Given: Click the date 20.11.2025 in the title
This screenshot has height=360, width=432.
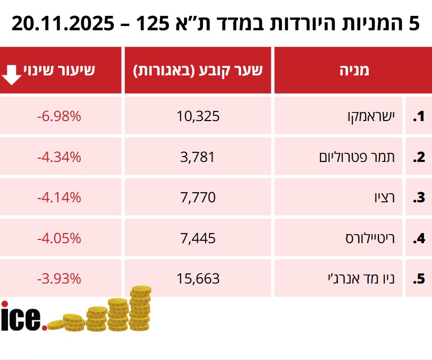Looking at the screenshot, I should coord(63,23).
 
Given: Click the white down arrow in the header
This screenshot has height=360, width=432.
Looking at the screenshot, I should coord(12,75).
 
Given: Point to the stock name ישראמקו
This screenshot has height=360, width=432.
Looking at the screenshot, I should coord(367,116).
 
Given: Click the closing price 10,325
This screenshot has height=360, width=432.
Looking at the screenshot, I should coord(198,116).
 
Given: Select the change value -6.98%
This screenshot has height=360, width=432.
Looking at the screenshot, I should coord(59,116).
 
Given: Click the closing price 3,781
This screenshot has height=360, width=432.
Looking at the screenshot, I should coord(198,157).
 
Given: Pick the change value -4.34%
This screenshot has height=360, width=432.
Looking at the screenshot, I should coord(59,157).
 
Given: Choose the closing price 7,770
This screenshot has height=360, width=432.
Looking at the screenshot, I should coord(198,198).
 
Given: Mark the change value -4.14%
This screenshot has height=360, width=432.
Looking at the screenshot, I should coord(59,198).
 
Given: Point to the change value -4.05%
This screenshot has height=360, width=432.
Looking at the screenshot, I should coord(59,238).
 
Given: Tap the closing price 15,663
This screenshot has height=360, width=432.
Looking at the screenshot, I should coord(198,278).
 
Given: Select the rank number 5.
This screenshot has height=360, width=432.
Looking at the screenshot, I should coord(420,279).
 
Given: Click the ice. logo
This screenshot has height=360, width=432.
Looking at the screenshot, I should coord(23,317).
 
